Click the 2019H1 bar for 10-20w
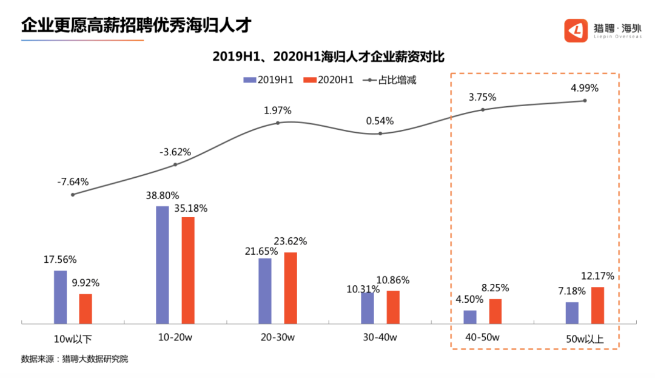tap(163, 265)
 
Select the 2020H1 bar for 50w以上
tap(597, 305)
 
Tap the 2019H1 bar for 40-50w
tap(470, 317)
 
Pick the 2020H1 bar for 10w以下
tap(86, 308)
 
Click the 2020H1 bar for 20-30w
tap(291, 288)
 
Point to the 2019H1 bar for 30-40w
tap(368, 308)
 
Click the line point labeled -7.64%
tap(73, 195)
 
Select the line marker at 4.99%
tap(585, 101)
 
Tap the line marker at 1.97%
tap(278, 123)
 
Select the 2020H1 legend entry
tap(328, 80)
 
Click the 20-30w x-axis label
tap(278, 337)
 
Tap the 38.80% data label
tap(162, 196)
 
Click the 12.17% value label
tap(597, 276)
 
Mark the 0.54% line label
tap(380, 121)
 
